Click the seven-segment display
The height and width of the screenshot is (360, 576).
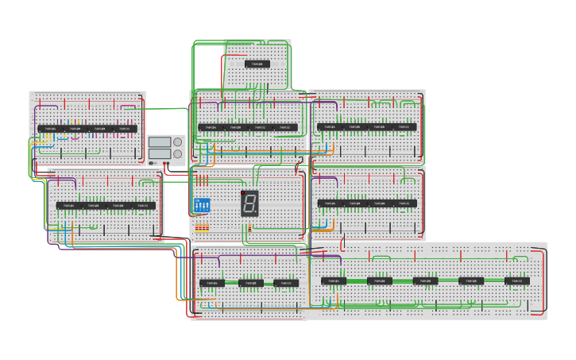tap(249, 203)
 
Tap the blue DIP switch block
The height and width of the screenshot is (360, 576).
tap(202, 204)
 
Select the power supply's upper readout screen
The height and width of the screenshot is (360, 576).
tap(160, 142)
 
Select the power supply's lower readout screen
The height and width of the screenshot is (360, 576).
tap(160, 154)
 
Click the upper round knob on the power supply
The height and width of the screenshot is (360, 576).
tap(177, 142)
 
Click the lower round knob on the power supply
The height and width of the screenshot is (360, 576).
tap(177, 154)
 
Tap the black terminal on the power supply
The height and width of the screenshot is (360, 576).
tap(153, 164)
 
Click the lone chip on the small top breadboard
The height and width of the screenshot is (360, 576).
tap(257, 64)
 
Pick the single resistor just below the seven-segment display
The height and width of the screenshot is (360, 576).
tap(249, 228)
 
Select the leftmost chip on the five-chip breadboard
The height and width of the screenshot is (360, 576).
tap(334, 281)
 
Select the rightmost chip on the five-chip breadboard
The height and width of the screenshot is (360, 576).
tap(516, 281)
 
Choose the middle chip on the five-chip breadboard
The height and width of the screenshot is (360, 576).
tap(425, 281)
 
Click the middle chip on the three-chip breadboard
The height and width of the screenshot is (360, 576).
tap(250, 283)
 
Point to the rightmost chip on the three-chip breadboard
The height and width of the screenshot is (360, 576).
tap(286, 283)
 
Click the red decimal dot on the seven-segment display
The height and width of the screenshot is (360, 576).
tap(243, 192)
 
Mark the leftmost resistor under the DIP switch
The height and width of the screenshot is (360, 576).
tap(197, 228)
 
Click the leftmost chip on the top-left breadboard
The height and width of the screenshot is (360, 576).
tap(49, 129)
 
